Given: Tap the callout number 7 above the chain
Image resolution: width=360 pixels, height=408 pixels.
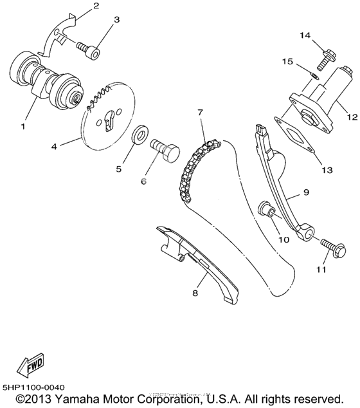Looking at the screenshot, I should coord(200,112).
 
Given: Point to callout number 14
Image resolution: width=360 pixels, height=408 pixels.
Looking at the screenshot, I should coord(303,34).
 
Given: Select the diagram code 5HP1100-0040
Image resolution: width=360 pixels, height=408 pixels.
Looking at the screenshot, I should coord(33,387).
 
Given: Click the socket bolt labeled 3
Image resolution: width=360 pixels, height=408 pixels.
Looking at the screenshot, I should coord(89,49).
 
